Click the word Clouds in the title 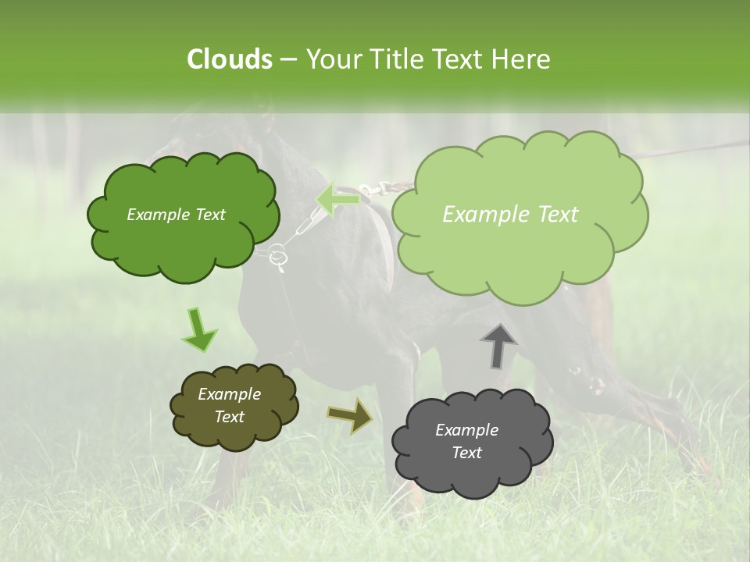point(230,59)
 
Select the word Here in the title point(520,59)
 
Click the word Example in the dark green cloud point(158,215)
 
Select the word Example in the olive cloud point(229,394)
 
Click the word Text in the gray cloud point(466,453)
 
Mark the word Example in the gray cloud point(466,430)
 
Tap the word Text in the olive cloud point(229,417)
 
